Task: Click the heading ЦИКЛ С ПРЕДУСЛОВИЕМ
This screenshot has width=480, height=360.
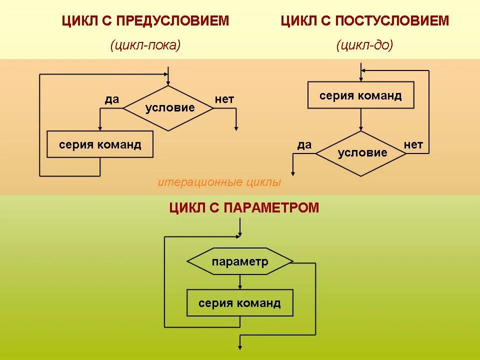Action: click(145, 21)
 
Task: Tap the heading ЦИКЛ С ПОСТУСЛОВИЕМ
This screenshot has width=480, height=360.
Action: click(364, 21)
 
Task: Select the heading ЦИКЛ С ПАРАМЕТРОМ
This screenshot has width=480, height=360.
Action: click(244, 208)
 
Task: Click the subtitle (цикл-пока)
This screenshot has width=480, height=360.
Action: click(145, 45)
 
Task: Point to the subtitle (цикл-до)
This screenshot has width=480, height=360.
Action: click(364, 45)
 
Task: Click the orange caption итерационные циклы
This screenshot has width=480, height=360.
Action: click(219, 182)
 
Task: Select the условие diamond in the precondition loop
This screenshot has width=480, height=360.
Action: click(169, 108)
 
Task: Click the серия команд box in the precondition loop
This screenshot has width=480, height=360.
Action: click(100, 144)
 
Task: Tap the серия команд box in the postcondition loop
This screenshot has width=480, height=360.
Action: click(360, 95)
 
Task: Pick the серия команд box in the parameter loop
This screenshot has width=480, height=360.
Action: click(239, 302)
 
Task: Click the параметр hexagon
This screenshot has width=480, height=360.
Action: click(239, 261)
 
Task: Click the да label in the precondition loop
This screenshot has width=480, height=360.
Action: click(112, 99)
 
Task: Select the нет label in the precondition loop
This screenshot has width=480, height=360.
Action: click(224, 99)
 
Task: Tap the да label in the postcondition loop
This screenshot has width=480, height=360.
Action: click(304, 145)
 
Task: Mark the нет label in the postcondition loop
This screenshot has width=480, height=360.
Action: click(413, 145)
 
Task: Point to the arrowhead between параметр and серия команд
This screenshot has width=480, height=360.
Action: click(240, 286)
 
